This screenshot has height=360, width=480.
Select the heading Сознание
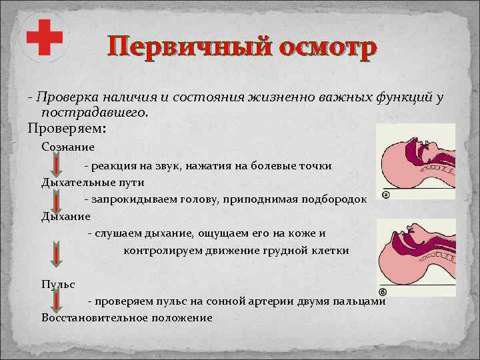pos(68,147)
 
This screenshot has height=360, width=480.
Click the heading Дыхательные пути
pos(93,181)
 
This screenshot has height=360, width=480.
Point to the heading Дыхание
pos(65,216)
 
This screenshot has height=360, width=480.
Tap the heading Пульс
pos(58,283)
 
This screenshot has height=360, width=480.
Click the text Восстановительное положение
pos(127,317)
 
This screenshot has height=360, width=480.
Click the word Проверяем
pos(63,127)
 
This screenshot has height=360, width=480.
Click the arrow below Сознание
pos(58,164)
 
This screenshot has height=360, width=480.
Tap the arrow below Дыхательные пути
pos(58,199)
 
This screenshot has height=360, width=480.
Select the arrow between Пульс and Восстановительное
pos(58,301)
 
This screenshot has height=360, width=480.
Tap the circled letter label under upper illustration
pos(385,195)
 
